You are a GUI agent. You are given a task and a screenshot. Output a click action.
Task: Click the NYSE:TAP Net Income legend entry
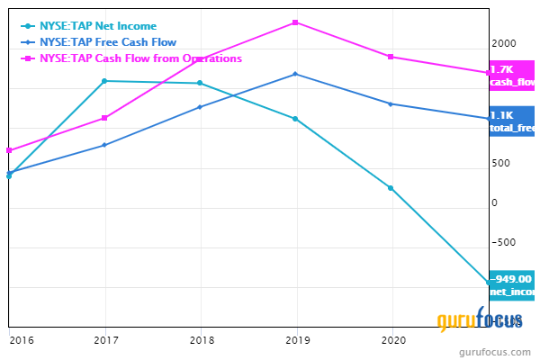pyautogui.click(x=85, y=25)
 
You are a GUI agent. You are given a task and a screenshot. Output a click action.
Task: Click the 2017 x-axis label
pyautogui.click(x=105, y=340)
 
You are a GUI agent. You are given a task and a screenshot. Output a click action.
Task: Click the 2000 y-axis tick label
pyautogui.click(x=503, y=44)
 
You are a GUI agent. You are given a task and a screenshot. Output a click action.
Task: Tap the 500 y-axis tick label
pyautogui.click(x=500, y=163)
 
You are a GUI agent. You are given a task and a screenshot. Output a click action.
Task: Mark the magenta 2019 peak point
pyautogui.click(x=295, y=22)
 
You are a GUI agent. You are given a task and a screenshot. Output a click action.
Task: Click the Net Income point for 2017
pyautogui.click(x=105, y=81)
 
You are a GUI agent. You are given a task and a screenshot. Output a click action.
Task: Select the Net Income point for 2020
pyautogui.click(x=391, y=188)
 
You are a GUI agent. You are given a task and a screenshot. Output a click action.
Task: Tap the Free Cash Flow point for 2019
pyautogui.click(x=295, y=74)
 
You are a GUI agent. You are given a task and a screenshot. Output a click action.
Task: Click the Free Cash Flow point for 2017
pyautogui.click(x=105, y=145)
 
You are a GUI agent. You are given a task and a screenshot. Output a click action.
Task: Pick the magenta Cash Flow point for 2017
pyautogui.click(x=105, y=118)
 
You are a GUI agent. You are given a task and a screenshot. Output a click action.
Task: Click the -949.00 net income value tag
pyautogui.click(x=511, y=284)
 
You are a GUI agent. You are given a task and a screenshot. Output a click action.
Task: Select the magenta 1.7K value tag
pyautogui.click(x=511, y=76)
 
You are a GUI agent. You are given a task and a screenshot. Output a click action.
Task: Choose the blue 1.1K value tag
pyautogui.click(x=511, y=121)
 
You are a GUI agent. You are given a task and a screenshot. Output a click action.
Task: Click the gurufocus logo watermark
pyautogui.click(x=473, y=320)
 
